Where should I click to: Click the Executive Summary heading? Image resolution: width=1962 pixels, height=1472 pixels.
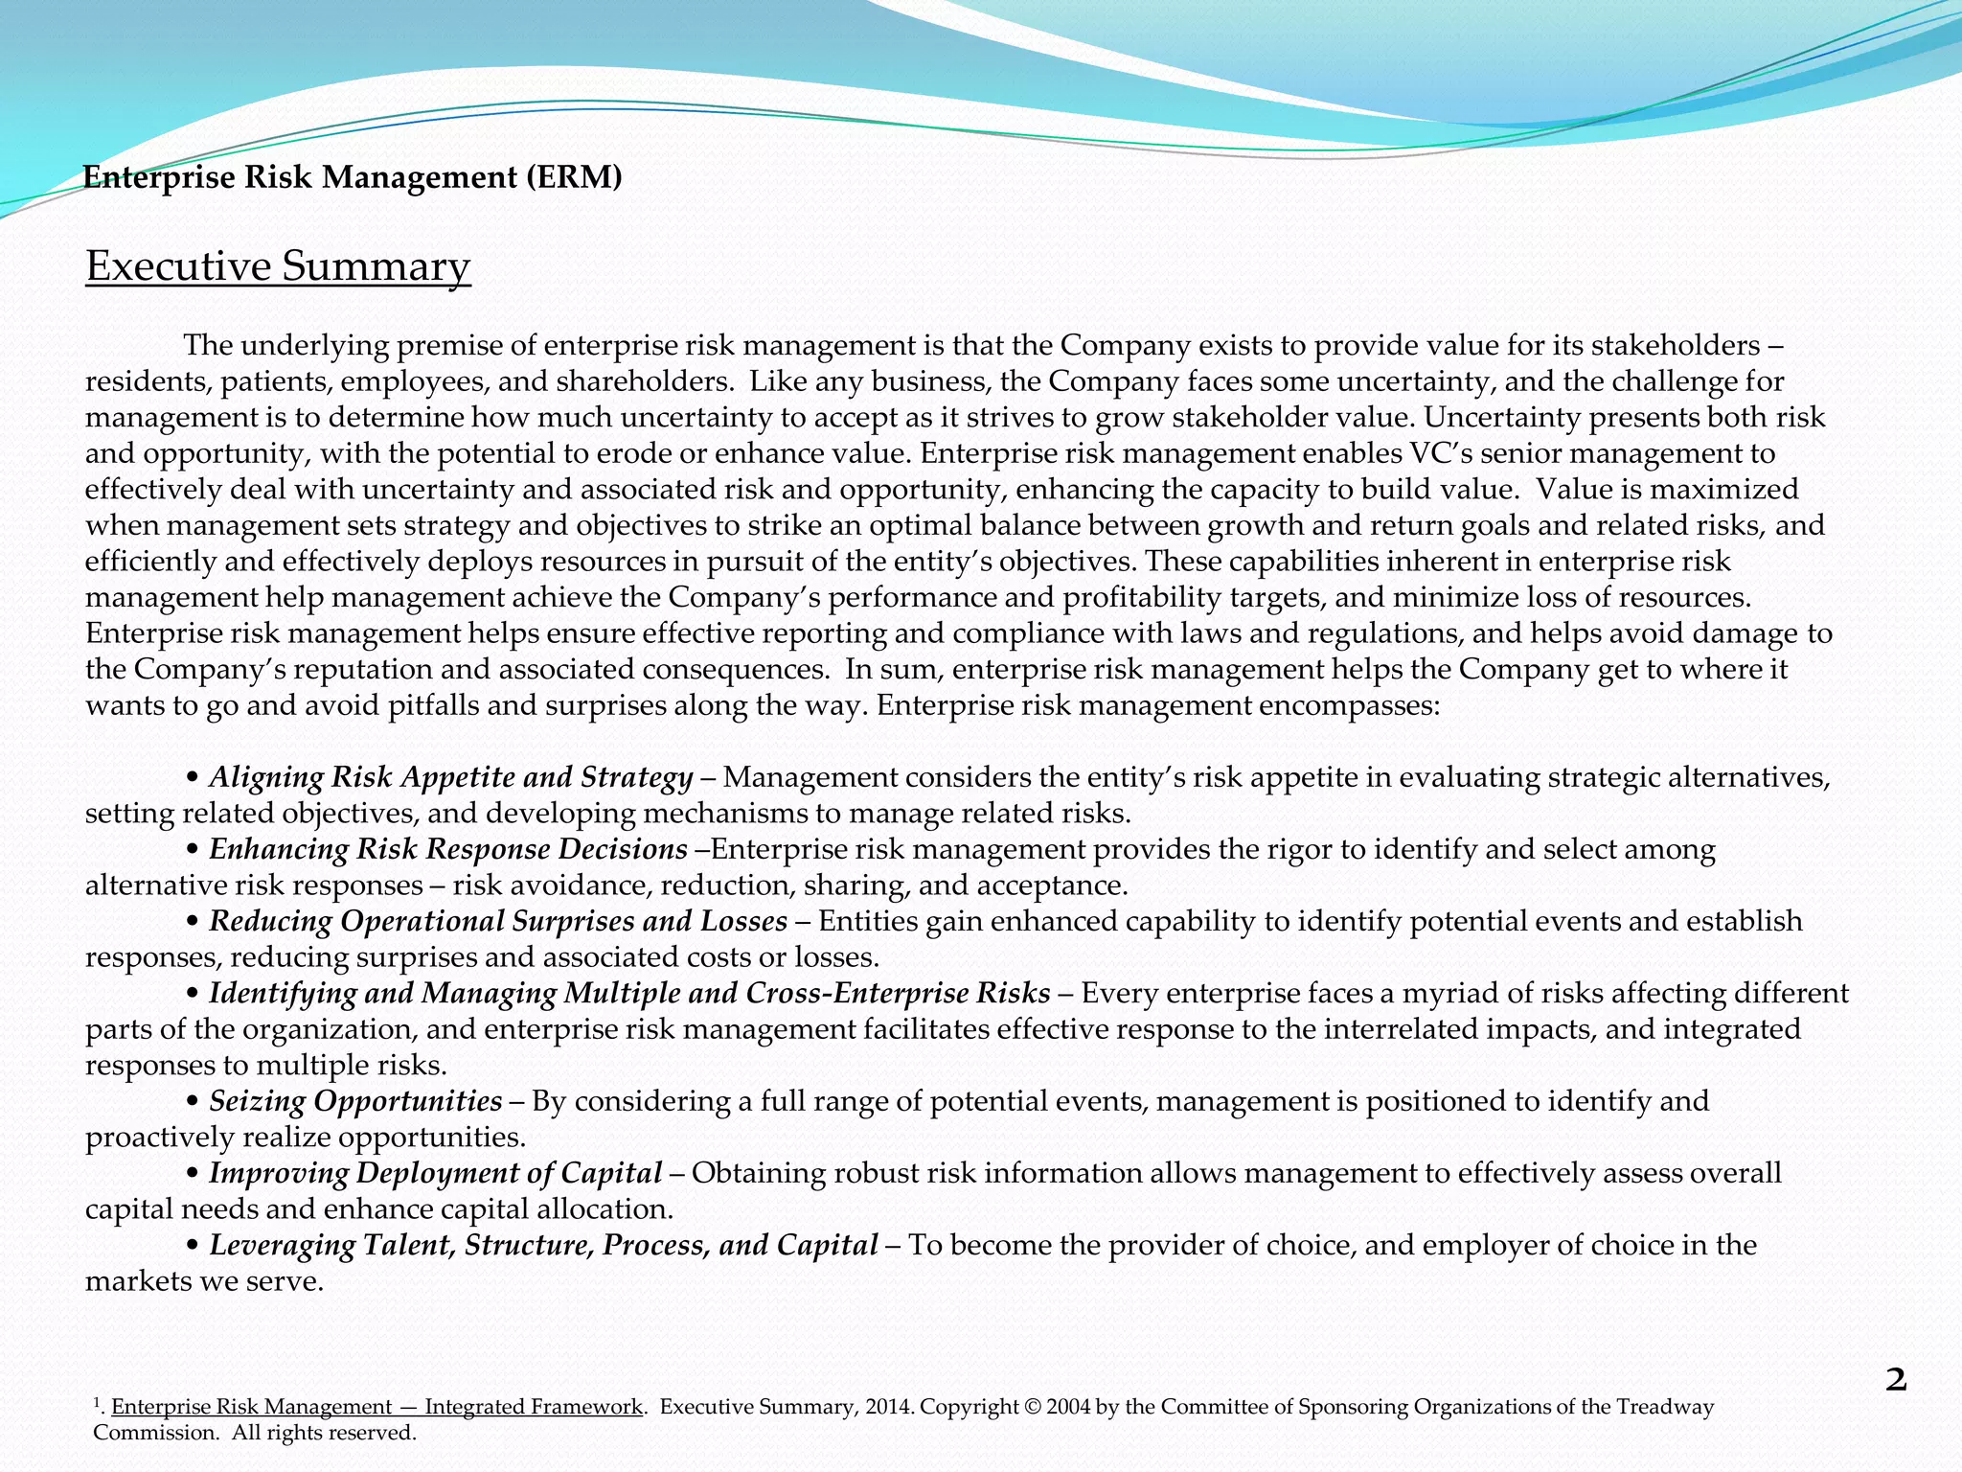278,266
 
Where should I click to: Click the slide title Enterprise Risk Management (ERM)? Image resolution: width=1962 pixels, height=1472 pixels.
353,177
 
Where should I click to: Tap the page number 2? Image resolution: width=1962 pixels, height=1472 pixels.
1896,1381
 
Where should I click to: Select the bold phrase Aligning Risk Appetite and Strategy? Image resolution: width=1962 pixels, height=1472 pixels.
450,777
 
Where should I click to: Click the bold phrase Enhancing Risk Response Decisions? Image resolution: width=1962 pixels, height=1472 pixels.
448,849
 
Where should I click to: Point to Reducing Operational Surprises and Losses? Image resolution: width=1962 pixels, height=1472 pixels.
498,921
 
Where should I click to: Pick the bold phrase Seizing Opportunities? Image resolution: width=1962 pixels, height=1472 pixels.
355,1101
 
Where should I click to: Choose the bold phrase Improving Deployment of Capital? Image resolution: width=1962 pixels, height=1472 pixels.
436,1173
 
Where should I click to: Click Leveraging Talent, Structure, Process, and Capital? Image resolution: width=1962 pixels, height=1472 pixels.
543,1245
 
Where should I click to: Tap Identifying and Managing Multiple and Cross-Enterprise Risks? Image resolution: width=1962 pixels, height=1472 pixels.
629,993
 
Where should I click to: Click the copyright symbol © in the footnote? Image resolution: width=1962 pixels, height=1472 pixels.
1031,1407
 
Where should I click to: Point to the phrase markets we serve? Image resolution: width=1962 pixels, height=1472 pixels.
204,1281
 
